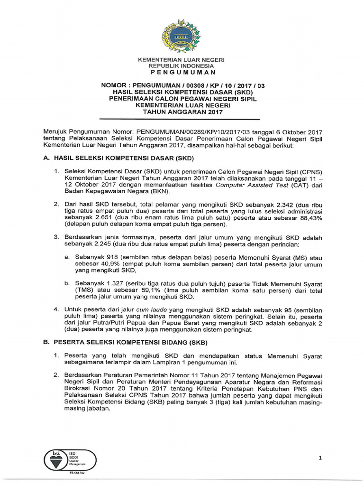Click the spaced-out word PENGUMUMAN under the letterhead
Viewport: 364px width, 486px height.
click(x=181, y=72)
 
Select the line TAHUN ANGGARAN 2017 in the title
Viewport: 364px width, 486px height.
click(x=181, y=112)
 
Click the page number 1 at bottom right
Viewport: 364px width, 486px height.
click(x=320, y=458)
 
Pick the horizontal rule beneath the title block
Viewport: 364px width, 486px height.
click(x=181, y=119)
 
